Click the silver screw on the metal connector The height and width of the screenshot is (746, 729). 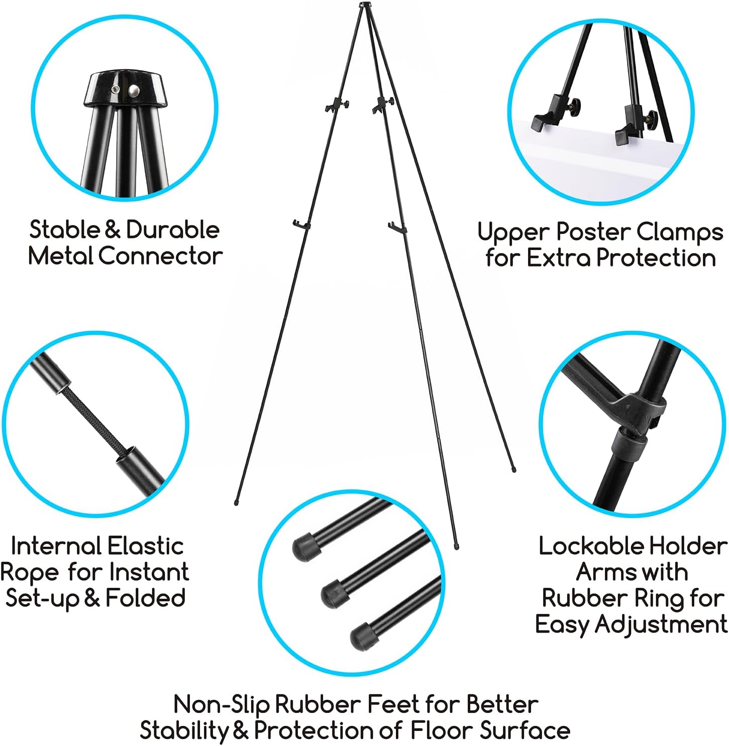tap(134, 91)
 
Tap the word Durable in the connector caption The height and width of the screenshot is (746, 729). tap(172, 230)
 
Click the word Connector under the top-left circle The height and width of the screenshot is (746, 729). tap(160, 256)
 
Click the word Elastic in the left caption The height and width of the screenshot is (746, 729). tap(146, 546)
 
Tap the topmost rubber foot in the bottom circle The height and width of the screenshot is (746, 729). tap(303, 547)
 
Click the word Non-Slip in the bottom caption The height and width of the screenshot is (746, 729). tap(222, 704)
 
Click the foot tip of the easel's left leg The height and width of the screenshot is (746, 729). tap(236, 502)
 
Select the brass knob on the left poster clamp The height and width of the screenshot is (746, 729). tap(574, 106)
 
